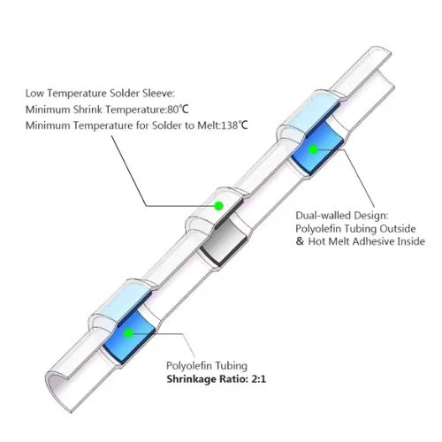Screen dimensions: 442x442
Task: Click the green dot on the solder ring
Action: click(218, 205)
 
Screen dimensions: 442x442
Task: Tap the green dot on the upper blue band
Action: click(314, 150)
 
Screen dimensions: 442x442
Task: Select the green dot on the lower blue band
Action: click(129, 333)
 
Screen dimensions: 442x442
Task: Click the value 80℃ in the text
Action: click(178, 110)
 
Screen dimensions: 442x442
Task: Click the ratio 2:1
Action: click(258, 379)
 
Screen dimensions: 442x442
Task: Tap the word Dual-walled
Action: click(324, 216)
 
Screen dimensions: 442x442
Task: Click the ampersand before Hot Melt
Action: click(300, 241)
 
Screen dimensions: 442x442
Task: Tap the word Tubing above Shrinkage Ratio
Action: click(231, 366)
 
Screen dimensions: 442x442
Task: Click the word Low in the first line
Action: click(35, 94)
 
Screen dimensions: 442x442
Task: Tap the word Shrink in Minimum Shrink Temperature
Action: click(88, 110)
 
